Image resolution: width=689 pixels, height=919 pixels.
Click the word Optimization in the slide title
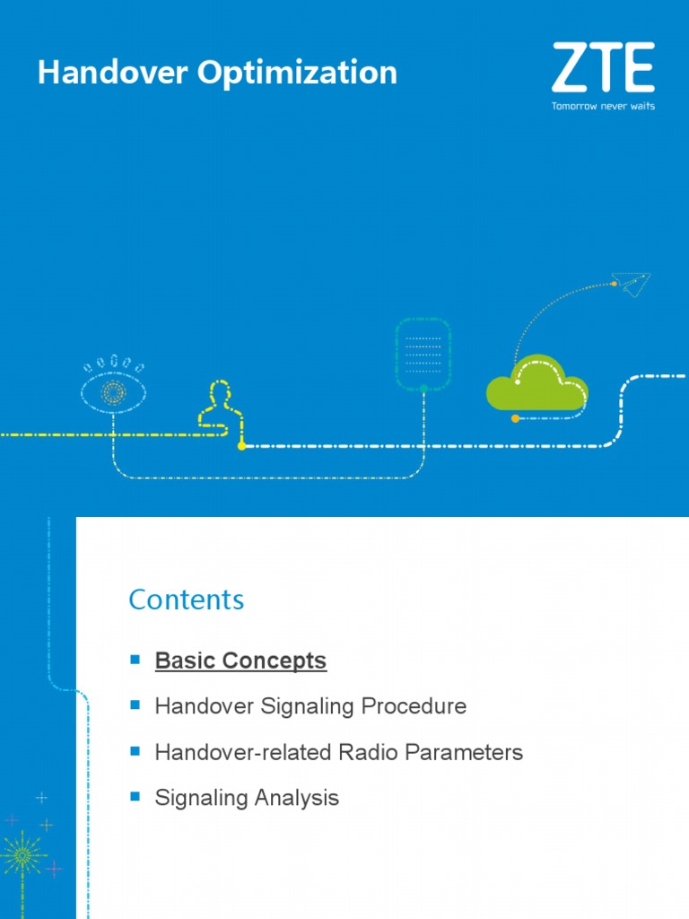298,74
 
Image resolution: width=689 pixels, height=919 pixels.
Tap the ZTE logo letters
602,68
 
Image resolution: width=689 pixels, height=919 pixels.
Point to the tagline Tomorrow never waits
602,106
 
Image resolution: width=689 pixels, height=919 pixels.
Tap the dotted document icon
423,354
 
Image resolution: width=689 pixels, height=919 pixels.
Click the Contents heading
186,600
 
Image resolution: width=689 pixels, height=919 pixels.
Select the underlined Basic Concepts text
240,661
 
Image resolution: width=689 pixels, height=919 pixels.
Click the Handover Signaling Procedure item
310,706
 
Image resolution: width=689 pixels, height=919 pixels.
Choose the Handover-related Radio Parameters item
338,752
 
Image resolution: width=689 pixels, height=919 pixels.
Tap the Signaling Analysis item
247,797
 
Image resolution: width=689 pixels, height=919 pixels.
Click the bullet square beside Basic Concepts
135,660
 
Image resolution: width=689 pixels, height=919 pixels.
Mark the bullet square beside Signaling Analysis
135,796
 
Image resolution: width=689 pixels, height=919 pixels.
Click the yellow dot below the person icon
241,445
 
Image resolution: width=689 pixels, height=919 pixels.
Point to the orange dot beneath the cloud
514,418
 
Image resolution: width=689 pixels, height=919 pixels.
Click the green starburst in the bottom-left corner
22,854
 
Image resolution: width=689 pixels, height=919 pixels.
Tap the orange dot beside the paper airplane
615,284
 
